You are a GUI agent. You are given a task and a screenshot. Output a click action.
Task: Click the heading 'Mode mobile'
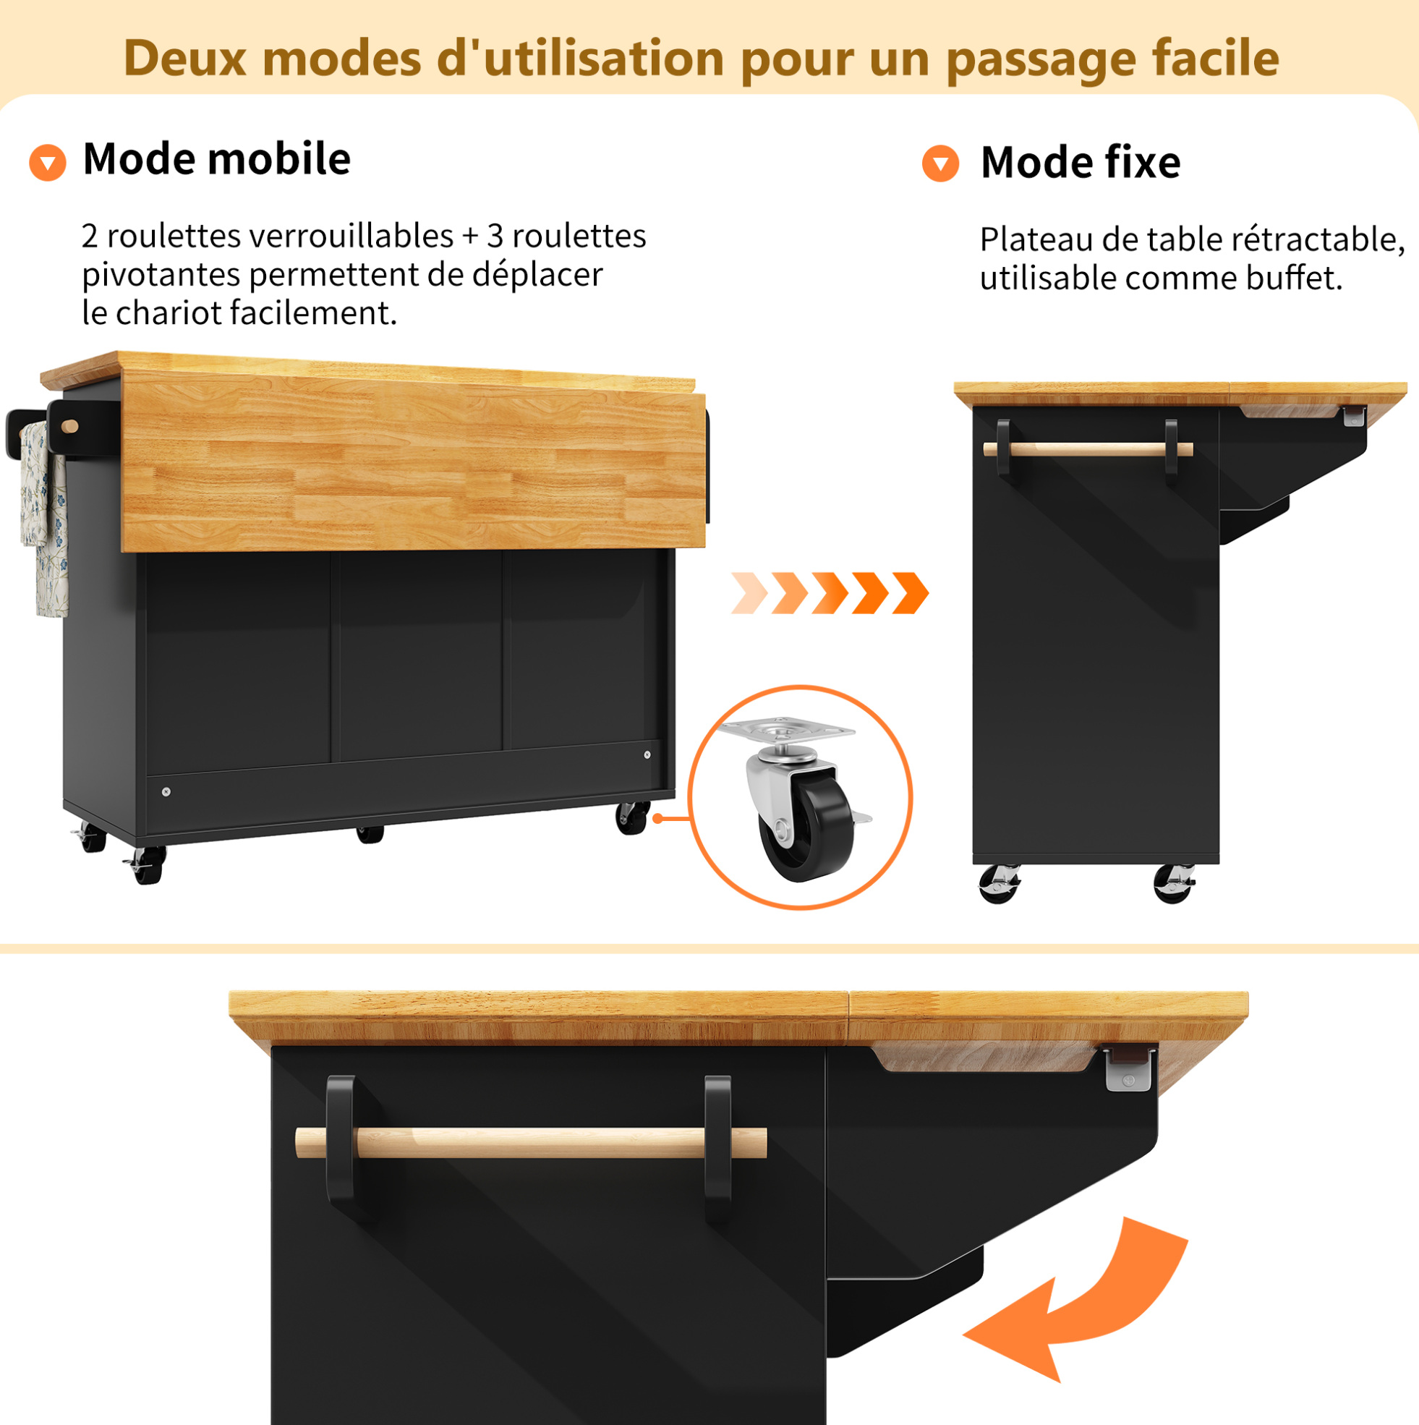[217, 158]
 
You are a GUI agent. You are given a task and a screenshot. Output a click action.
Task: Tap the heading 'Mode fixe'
[1081, 162]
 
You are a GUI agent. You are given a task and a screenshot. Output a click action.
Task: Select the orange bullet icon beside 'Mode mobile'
[48, 162]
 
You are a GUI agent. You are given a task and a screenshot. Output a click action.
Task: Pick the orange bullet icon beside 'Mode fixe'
[940, 163]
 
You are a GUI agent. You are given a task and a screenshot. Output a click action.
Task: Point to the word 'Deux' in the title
[185, 58]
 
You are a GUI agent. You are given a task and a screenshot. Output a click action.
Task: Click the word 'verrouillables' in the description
[351, 236]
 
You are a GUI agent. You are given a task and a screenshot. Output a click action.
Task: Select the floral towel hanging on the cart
[44, 519]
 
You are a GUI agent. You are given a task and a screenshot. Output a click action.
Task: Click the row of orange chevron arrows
[830, 593]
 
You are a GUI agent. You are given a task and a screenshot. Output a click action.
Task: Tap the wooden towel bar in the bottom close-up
[531, 1142]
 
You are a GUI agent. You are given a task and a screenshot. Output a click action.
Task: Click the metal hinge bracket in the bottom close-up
[1129, 1068]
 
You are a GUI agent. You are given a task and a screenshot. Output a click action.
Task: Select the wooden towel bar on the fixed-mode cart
[1088, 449]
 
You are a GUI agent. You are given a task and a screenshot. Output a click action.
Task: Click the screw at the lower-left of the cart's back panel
[166, 791]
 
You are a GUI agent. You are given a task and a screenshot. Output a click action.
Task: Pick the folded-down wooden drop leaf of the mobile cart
[413, 461]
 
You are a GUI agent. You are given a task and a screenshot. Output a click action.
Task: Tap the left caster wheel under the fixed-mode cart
[1000, 884]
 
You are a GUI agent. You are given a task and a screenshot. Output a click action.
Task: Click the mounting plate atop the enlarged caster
[786, 730]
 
